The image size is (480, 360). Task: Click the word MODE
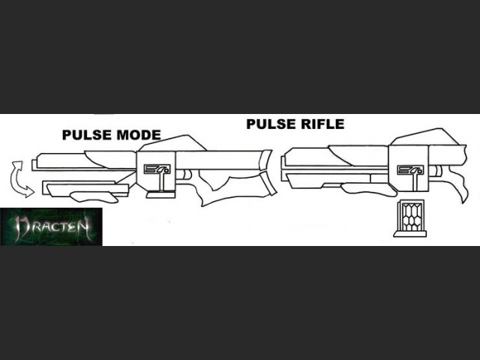pos(139,136)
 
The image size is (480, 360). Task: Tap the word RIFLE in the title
pos(319,124)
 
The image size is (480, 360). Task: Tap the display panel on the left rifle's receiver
pos(156,170)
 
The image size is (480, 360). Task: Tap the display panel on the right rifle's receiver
pos(408,170)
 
